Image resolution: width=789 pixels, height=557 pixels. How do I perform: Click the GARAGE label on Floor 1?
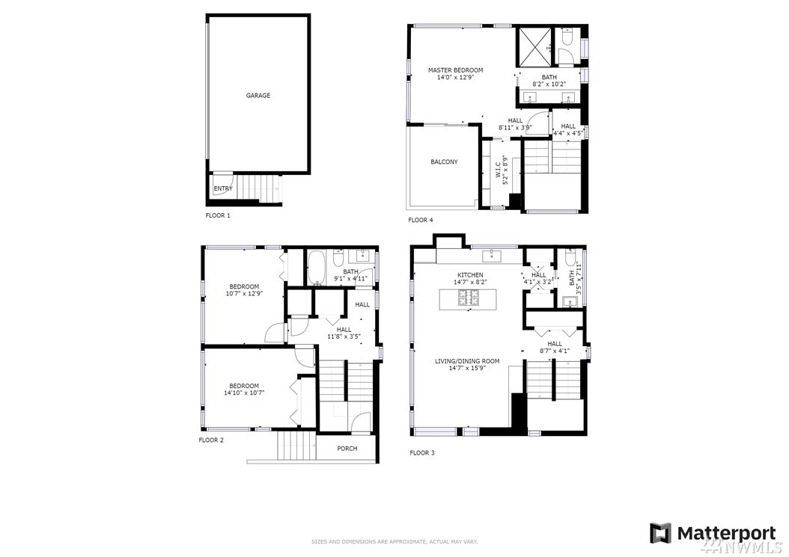[258, 96]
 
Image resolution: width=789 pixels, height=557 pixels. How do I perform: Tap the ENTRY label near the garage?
[223, 188]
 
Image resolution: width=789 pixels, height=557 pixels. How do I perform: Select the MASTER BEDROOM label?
[455, 70]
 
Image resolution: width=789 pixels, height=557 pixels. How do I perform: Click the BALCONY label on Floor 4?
[445, 162]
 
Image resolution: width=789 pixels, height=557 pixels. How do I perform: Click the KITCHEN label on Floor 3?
[470, 275]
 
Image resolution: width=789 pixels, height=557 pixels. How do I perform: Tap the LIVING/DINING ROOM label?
[467, 361]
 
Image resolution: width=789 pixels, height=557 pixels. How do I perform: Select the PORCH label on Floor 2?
[347, 449]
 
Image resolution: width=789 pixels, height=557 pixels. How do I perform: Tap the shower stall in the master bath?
[534, 47]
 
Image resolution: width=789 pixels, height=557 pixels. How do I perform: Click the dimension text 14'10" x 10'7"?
[244, 393]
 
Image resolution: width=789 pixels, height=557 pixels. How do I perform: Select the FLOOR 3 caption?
[421, 453]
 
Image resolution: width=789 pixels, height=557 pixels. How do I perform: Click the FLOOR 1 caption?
[218, 215]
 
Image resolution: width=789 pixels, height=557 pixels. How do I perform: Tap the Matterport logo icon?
[660, 533]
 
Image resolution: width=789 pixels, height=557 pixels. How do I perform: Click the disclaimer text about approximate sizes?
[394, 542]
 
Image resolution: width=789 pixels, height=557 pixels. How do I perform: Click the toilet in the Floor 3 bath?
[570, 257]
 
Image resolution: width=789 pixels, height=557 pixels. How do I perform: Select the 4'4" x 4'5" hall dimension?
[568, 134]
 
